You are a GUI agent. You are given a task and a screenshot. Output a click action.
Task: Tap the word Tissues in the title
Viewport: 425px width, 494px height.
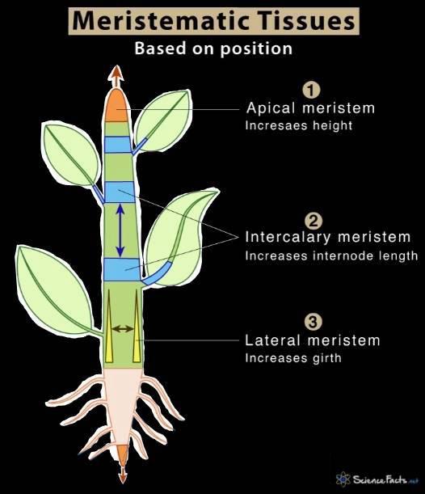click(304, 19)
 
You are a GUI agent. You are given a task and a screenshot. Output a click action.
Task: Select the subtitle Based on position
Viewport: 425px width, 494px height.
click(212, 49)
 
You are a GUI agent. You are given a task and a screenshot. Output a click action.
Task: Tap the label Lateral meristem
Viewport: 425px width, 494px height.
click(312, 340)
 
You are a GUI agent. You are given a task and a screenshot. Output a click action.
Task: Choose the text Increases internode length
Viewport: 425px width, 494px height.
click(331, 256)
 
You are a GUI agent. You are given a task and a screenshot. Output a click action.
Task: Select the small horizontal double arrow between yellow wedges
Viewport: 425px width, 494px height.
click(123, 328)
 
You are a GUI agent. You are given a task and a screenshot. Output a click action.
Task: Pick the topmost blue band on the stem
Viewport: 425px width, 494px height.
click(117, 145)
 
